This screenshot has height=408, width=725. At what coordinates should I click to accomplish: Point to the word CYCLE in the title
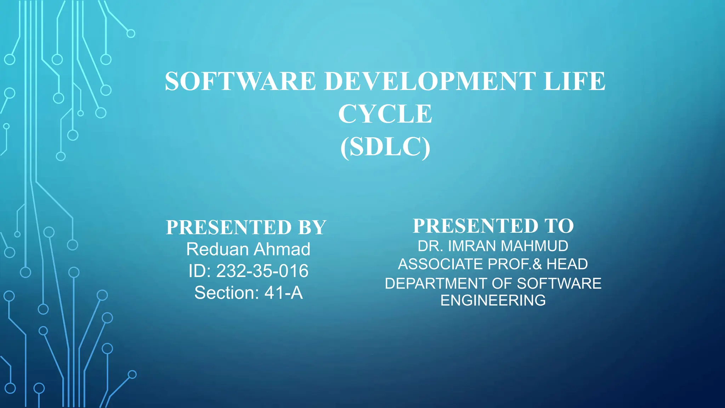pos(385,114)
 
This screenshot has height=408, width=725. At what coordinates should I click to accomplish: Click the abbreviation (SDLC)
pos(385,147)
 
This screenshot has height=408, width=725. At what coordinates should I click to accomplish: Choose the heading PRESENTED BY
pos(246,227)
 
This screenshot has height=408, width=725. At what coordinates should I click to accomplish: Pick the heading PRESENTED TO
pos(493,226)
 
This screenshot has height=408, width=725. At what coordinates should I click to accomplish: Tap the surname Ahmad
pos(282,249)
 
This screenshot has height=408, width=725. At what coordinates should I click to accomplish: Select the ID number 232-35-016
pos(262,271)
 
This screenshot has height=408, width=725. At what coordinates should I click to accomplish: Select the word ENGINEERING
pos(493,300)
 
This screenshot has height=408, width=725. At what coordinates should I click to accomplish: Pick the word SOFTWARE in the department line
pos(559,283)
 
